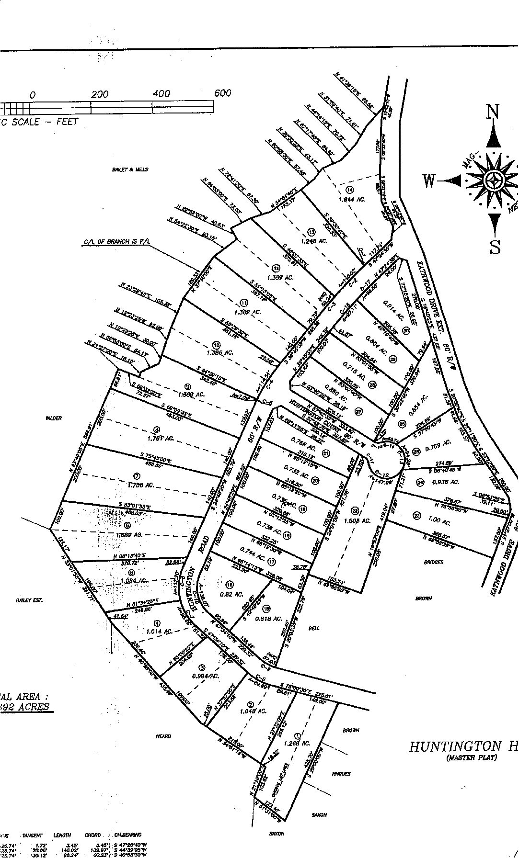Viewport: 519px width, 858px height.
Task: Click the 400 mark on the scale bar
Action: coord(161,93)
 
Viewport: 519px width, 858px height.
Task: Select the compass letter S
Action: coord(495,247)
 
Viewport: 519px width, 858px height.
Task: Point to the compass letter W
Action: coord(429,181)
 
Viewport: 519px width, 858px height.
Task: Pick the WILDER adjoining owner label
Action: coord(54,418)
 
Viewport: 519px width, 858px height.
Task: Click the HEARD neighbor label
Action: coord(163,736)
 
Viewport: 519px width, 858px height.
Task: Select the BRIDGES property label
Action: coord(433,562)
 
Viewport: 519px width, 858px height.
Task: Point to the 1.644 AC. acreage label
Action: coord(352,199)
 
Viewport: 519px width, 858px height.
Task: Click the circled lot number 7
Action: coord(137,475)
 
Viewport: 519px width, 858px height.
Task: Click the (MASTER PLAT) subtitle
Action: coord(471,771)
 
